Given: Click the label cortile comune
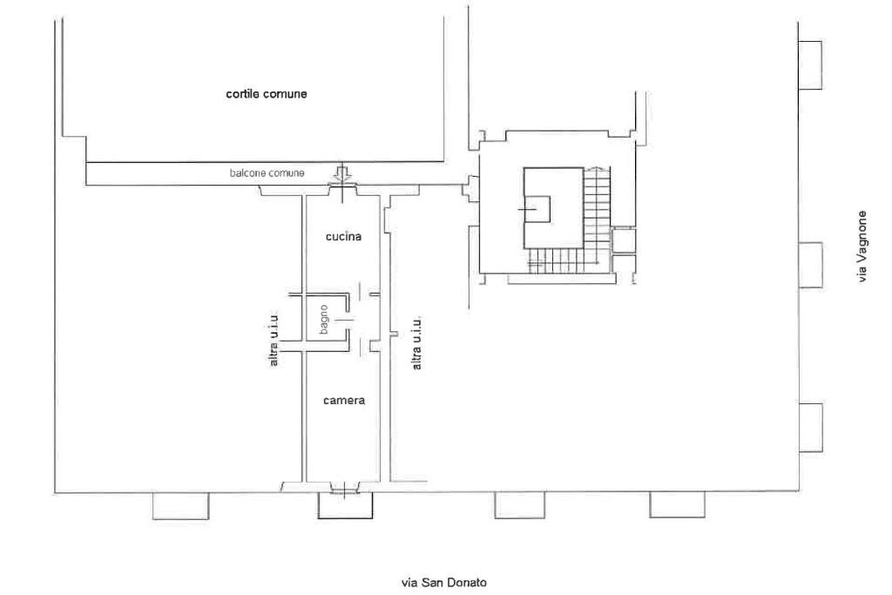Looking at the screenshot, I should point(266,94).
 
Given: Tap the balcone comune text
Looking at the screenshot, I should point(267,173).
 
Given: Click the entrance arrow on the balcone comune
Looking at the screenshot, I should point(343,173).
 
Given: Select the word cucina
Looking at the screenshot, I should point(343,236).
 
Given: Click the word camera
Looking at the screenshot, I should point(343,401).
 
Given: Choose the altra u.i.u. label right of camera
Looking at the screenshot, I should point(417,341).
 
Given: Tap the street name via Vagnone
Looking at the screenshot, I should point(862,247).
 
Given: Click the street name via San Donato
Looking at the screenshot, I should point(444,582).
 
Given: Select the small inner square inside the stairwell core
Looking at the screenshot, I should point(536,210).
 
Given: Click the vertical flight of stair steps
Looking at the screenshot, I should point(597,209).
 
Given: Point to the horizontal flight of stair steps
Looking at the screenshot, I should point(557,258).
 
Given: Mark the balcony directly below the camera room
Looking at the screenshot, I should point(346,506).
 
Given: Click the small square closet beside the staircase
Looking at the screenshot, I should point(624,240).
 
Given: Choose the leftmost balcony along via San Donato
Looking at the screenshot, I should point(180,506).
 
